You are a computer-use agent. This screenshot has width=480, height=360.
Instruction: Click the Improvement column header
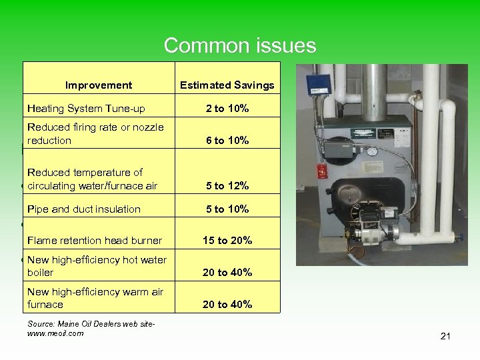[x=99, y=85]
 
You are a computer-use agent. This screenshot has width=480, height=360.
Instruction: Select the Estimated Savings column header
[x=227, y=85]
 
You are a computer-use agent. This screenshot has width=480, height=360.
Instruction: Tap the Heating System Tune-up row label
[x=86, y=109]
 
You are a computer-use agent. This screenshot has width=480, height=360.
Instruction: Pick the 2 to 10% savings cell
[x=227, y=109]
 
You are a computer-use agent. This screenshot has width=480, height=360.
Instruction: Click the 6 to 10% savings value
[x=227, y=140]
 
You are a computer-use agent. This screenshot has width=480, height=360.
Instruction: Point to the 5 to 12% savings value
[x=227, y=185]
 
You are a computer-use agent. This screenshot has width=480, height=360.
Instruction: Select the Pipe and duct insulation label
[x=84, y=209]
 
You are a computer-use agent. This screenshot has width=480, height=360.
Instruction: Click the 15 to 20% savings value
[x=227, y=241]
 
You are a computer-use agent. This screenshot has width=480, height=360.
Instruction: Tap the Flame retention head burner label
[x=95, y=241]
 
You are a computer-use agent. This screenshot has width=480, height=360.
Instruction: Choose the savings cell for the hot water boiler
[x=227, y=272]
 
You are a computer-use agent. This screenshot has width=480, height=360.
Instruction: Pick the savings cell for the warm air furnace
[x=227, y=304]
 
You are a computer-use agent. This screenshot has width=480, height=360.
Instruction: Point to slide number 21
[x=445, y=336]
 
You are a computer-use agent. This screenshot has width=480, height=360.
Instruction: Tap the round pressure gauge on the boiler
[x=372, y=151]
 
